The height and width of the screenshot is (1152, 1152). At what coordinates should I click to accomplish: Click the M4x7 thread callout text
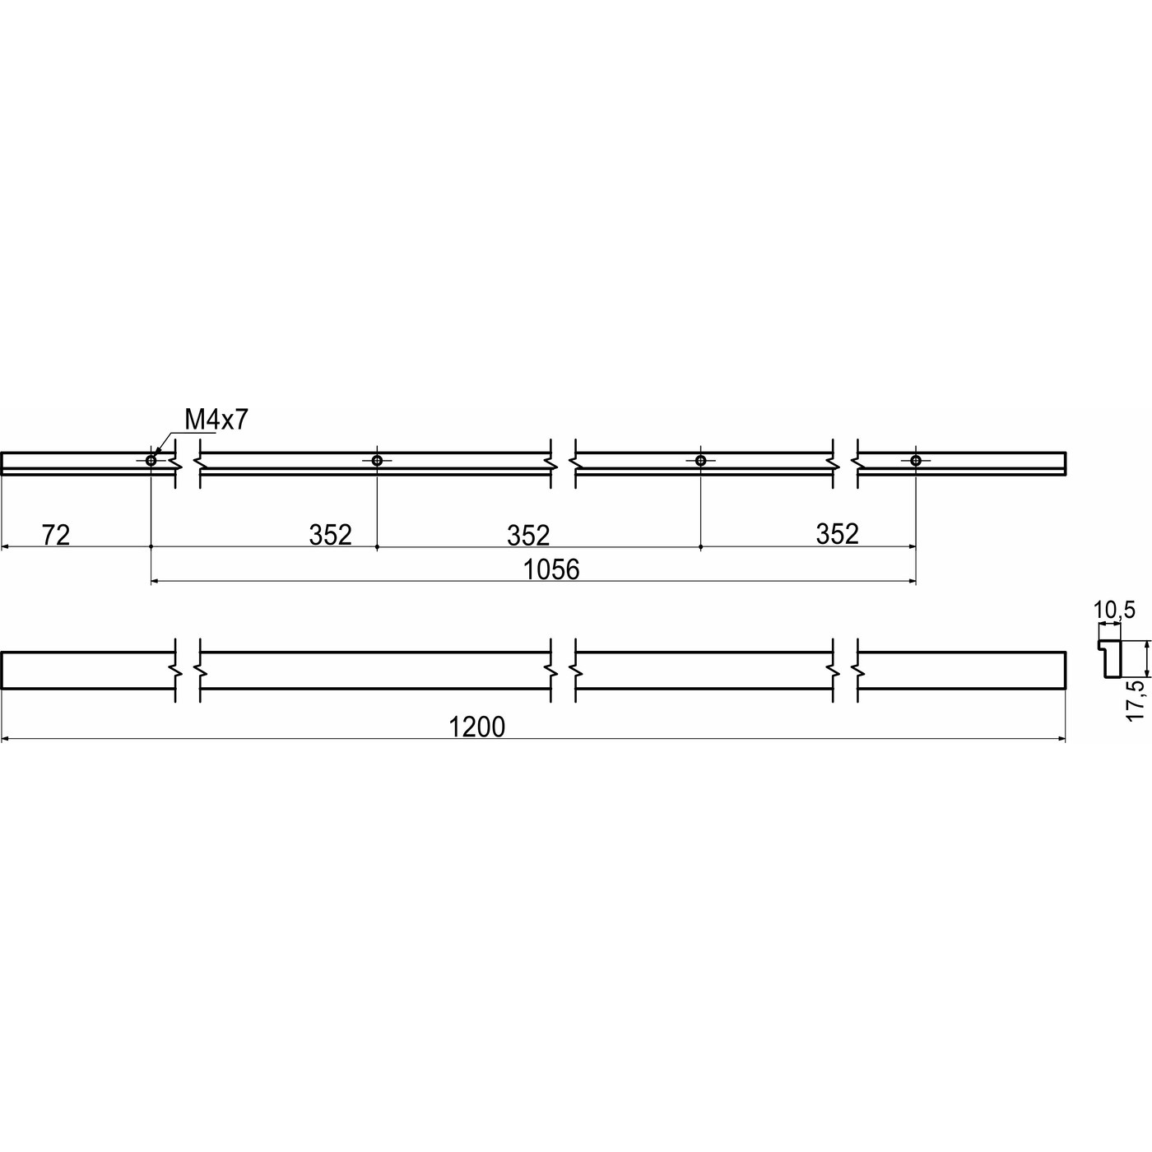[216, 420]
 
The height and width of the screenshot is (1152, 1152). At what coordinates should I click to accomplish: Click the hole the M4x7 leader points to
[151, 460]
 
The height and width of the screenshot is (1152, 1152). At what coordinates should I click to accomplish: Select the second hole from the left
[377, 460]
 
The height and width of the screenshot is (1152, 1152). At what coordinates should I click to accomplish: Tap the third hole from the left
[700, 460]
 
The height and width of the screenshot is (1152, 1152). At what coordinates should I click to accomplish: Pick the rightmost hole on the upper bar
[915, 460]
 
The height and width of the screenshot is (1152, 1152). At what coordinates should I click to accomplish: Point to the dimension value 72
[56, 535]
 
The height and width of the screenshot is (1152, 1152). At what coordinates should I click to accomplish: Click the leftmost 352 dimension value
[331, 535]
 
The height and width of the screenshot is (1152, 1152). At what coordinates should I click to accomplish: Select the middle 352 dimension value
[528, 536]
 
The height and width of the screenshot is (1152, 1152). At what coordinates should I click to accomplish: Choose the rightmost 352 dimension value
[837, 534]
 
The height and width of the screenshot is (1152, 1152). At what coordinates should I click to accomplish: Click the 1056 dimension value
[551, 569]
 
